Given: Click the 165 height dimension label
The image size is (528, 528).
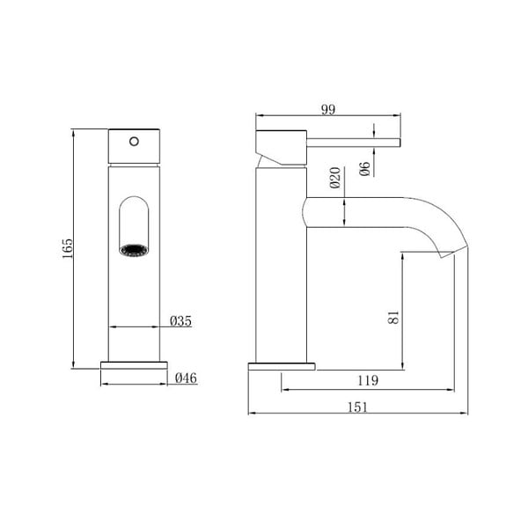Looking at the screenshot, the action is click(68, 248).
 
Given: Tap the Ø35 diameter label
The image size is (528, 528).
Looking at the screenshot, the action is click(180, 321).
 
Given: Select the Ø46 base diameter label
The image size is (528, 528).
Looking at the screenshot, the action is click(186, 378).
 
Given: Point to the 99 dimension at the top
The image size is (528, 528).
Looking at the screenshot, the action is click(328, 109).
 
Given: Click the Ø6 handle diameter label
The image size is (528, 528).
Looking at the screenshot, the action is click(364, 169).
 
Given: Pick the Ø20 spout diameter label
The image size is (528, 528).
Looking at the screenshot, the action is click(335, 178).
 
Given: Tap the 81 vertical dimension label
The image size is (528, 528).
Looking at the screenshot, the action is click(393, 317).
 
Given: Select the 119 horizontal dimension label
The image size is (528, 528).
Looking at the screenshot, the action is click(368, 380).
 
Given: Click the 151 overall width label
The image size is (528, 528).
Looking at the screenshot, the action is click(357, 407).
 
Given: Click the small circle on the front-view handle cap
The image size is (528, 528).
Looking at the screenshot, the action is click(134, 142).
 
